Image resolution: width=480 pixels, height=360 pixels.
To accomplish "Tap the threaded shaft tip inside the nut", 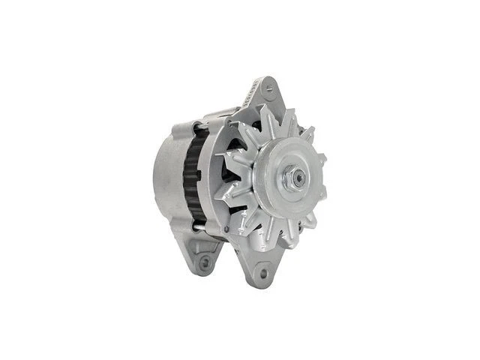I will [x=299, y=178].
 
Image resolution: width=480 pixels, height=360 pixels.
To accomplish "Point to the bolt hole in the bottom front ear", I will [x=263, y=274].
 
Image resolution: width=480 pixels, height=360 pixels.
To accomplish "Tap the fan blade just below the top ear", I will [x=266, y=120].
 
